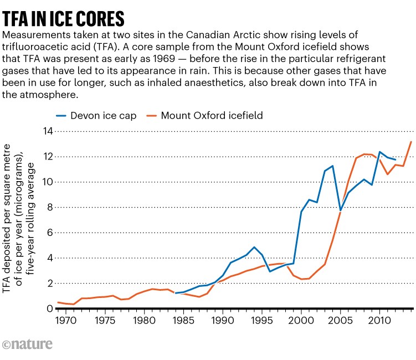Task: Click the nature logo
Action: pos(28,344)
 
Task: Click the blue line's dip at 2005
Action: pos(340,210)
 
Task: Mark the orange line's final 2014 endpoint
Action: pos(410,142)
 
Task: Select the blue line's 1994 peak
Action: pos(254,247)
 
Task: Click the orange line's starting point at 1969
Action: pos(58,302)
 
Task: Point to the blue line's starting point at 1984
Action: pos(176,293)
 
